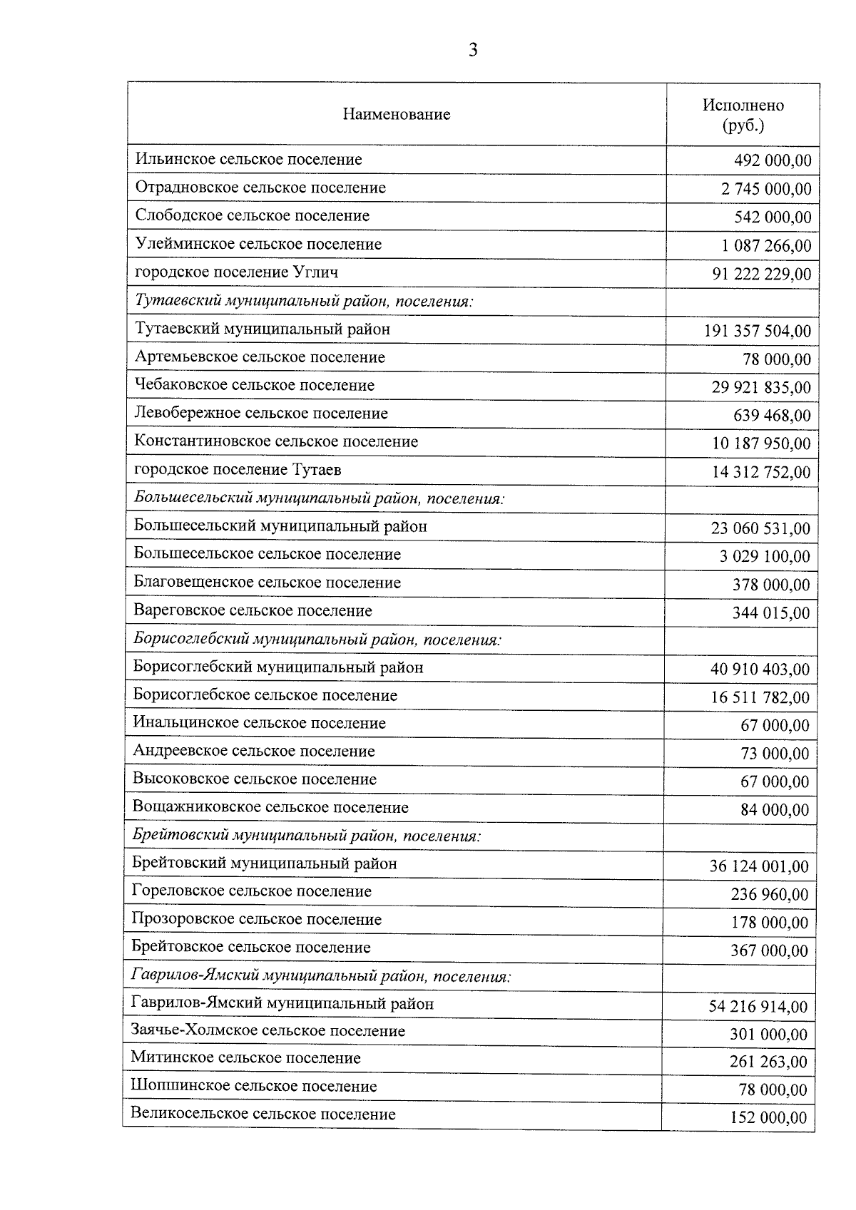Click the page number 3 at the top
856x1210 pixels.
tap(472, 50)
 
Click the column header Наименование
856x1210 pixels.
tap(397, 114)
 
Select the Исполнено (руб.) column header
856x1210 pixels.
tap(743, 115)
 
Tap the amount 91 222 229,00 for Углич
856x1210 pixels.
tap(761, 275)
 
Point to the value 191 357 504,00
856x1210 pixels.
tap(757, 331)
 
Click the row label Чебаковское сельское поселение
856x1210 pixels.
tap(255, 386)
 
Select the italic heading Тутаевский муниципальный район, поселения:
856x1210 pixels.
tap(304, 301)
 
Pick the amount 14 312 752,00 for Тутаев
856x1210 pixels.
tap(761, 472)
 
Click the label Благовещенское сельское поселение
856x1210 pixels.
tap(267, 583)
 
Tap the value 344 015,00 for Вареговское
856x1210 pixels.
tap(771, 613)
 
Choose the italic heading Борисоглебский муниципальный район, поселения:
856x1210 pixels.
tap(317, 639)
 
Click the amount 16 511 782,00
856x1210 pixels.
tap(760, 697)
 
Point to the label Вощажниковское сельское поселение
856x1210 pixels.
tap(270, 808)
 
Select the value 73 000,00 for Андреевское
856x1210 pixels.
tap(775, 754)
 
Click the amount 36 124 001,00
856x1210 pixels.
tap(759, 866)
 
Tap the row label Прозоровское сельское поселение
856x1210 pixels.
tap(257, 920)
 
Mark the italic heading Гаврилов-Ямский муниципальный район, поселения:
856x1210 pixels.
tap(321, 975)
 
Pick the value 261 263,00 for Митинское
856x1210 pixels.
tap(768, 1062)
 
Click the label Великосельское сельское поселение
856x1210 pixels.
tap(263, 1114)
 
